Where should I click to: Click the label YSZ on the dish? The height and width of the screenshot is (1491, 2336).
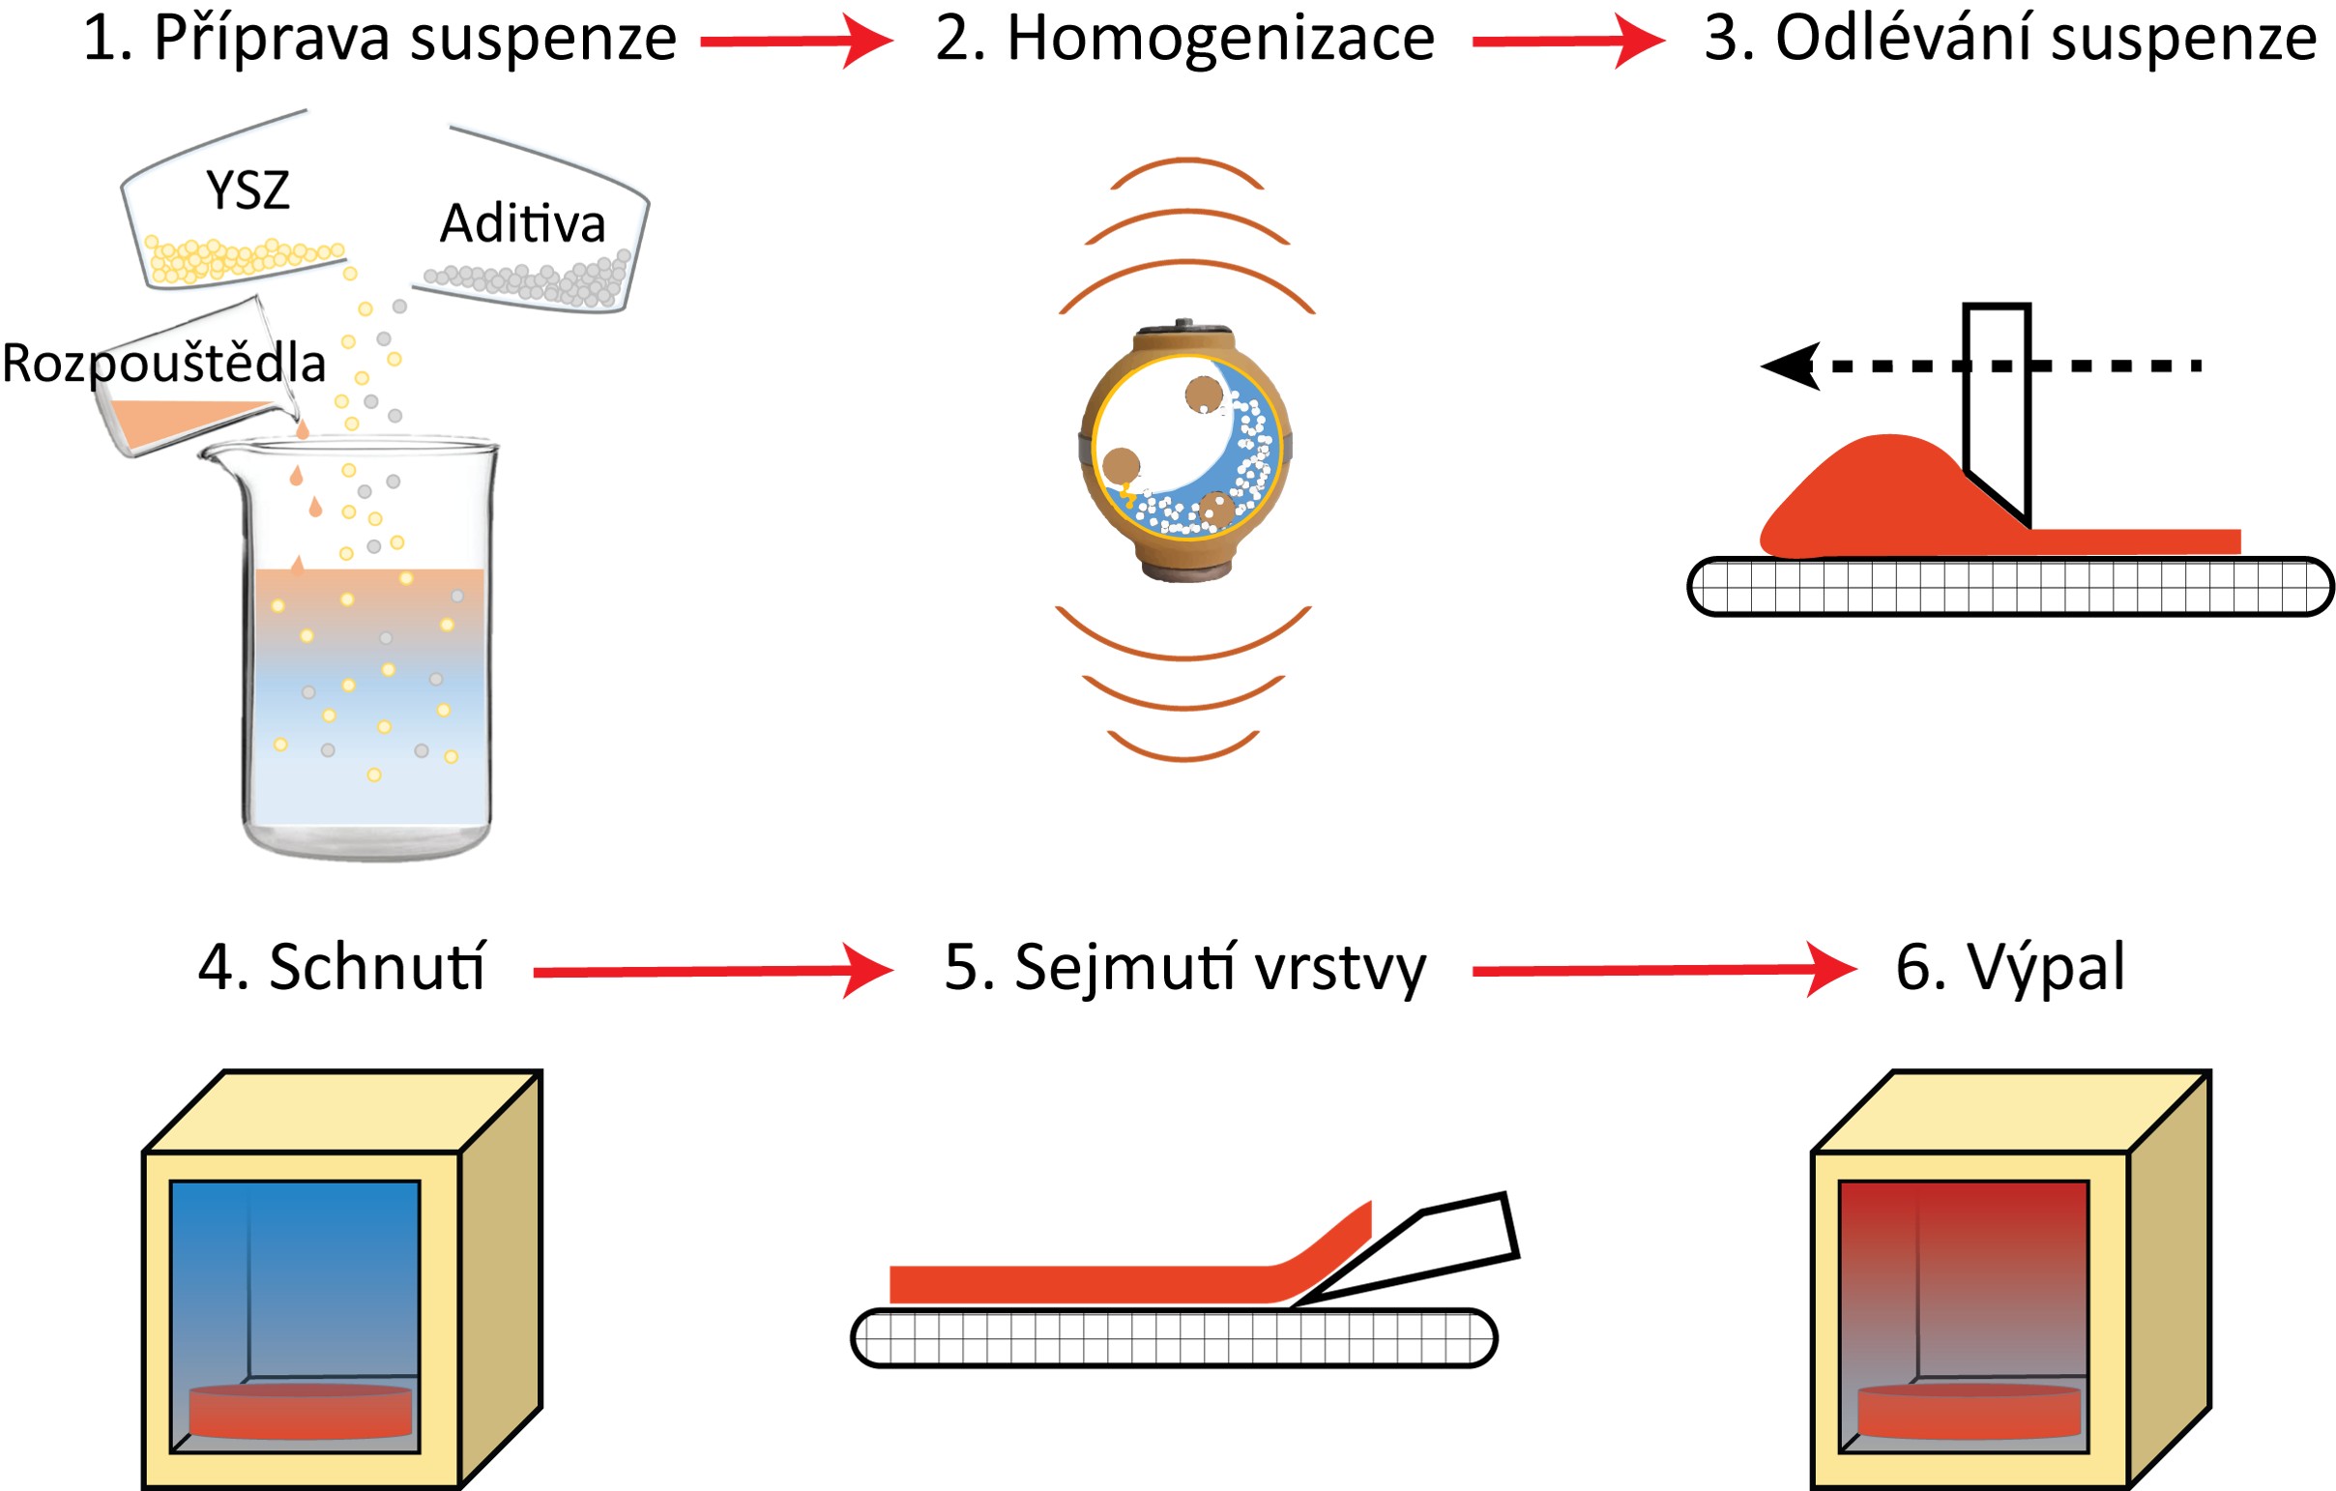point(248,190)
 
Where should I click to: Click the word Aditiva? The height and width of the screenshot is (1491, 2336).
point(523,224)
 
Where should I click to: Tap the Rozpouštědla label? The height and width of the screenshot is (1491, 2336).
point(163,364)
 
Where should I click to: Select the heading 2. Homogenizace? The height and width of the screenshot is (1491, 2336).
point(1184,39)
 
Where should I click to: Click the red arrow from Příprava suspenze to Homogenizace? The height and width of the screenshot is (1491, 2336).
point(795,41)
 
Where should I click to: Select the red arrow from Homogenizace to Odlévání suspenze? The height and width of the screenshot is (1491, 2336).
point(1566,41)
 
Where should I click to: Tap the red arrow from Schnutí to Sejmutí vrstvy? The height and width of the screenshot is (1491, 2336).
point(712,970)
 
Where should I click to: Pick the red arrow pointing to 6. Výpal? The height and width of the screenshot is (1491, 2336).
point(1663,969)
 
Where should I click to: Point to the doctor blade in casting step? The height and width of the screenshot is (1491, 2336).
point(1998,407)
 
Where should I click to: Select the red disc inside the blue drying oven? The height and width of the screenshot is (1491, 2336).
point(300,1412)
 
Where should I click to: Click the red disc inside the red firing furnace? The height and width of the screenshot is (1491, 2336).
point(1969,1412)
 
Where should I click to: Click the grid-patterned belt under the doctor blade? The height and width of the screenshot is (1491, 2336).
point(2008,586)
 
